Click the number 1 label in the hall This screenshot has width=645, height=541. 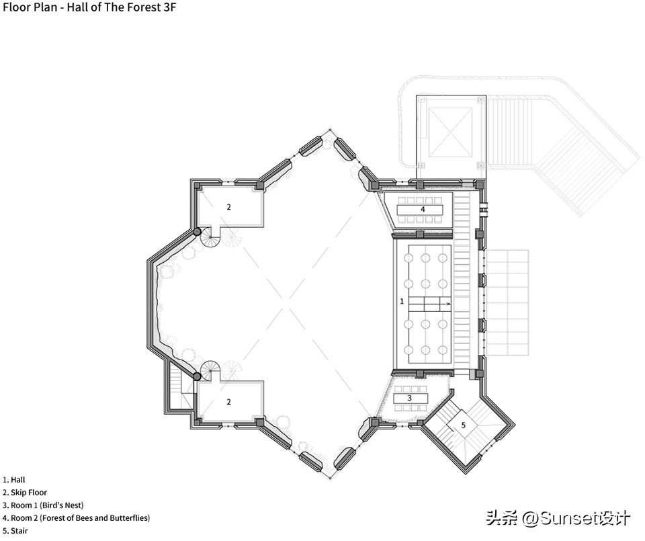tap(402, 302)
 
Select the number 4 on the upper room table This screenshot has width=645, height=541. tap(423, 209)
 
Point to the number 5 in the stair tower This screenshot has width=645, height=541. tap(462, 425)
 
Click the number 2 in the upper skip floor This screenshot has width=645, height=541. tap(228, 207)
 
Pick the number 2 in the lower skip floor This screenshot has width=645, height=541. tap(228, 402)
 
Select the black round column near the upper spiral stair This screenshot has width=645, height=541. tap(198, 232)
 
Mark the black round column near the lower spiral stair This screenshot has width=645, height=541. tap(198, 376)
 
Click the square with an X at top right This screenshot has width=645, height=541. tap(449, 131)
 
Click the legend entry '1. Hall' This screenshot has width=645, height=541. tap(14, 480)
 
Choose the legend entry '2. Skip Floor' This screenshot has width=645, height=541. tap(25, 493)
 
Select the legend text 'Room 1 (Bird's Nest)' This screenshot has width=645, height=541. tap(47, 505)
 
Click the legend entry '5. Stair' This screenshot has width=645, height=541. tap(15, 531)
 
